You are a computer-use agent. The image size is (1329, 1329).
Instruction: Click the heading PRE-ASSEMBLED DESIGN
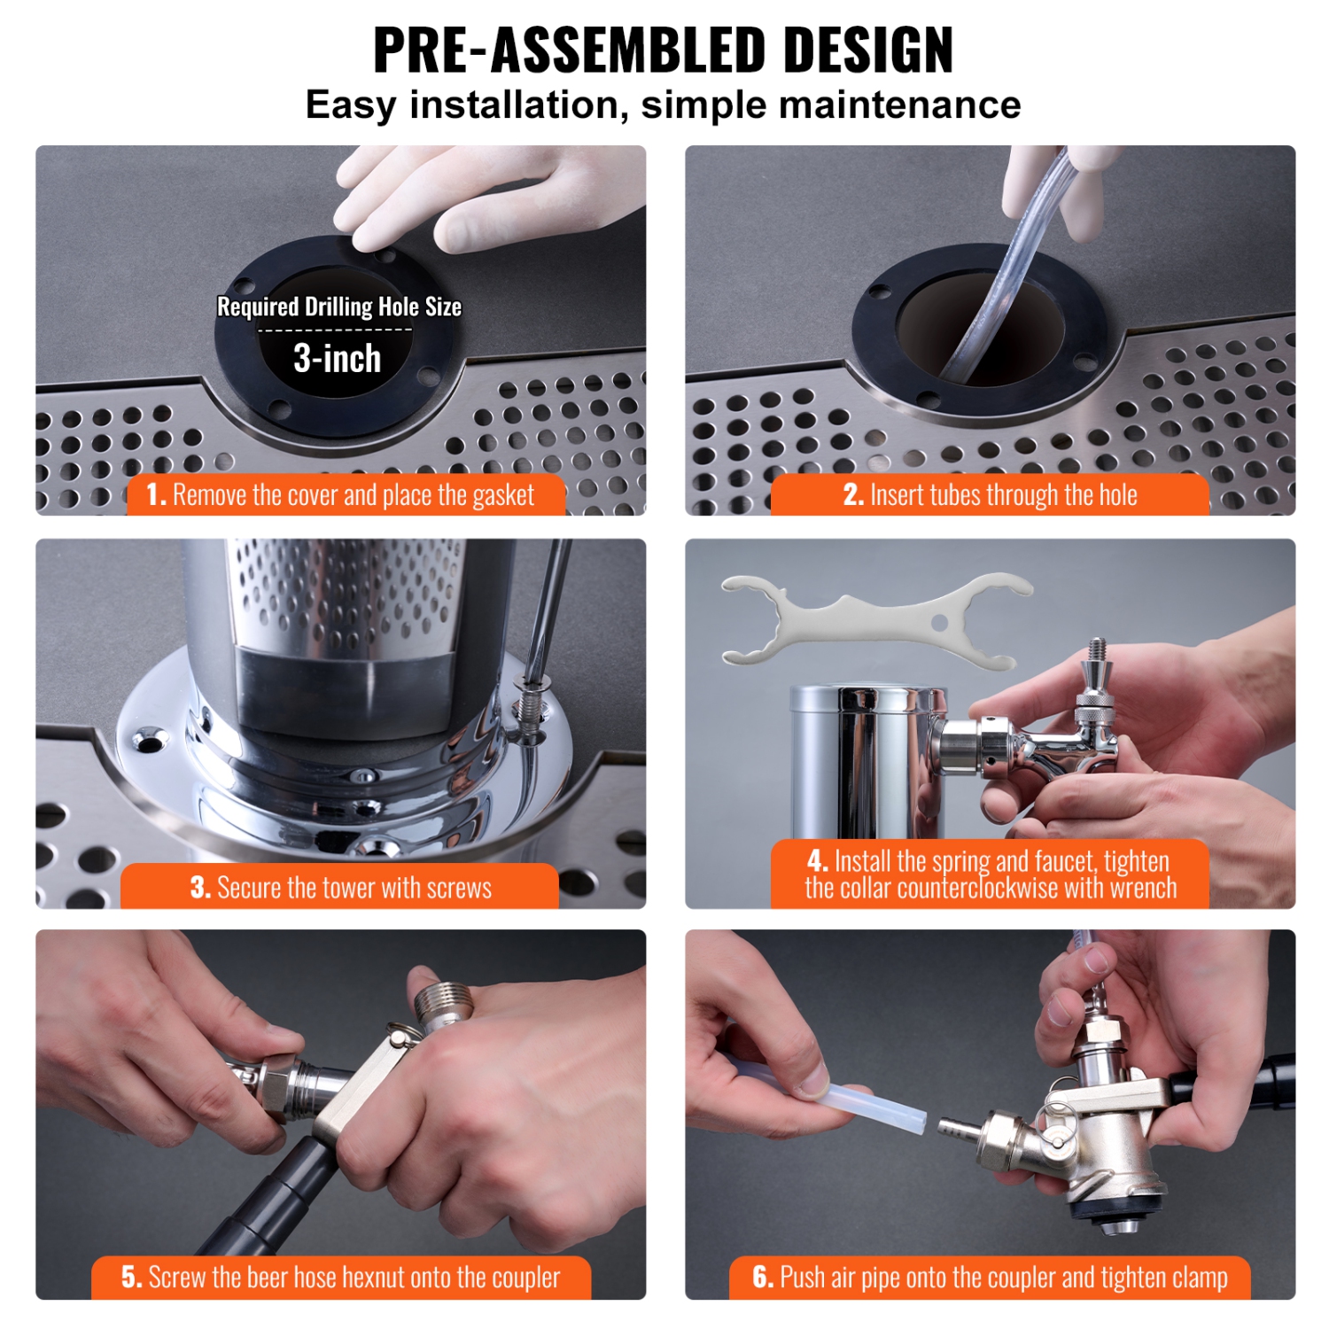(663, 51)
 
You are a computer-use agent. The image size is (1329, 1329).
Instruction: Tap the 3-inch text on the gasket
(338, 359)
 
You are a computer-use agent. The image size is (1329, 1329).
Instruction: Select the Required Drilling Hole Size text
(339, 307)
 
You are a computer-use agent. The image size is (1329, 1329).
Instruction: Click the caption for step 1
(346, 494)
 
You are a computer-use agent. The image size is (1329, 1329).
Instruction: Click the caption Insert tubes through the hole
(990, 494)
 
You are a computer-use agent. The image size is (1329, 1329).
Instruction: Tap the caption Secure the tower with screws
(340, 887)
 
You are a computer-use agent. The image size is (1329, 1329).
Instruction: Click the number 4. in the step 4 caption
(817, 860)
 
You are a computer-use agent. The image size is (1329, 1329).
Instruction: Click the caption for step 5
(341, 1277)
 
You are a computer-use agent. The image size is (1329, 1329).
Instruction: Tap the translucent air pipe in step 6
(873, 1106)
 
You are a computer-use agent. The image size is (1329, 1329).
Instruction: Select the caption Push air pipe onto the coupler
(990, 1277)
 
